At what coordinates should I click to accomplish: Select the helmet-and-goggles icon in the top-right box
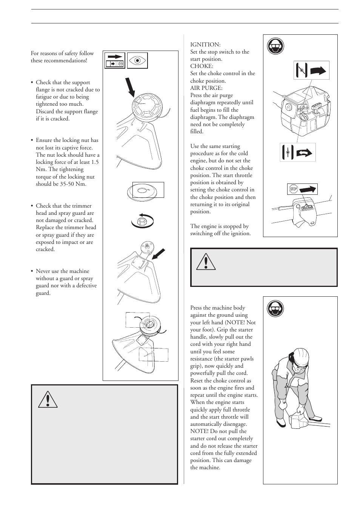click(x=275, y=47)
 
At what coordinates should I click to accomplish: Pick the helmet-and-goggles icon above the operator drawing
click(x=275, y=309)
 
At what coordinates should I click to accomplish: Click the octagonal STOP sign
click(x=293, y=189)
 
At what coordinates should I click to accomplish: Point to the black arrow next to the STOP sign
click(x=308, y=189)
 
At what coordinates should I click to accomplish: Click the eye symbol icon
click(x=137, y=60)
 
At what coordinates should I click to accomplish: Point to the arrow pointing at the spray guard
click(x=158, y=254)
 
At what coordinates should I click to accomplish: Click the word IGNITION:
click(x=205, y=45)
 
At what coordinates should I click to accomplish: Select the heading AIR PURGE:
click(x=206, y=88)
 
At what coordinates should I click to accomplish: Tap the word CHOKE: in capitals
click(x=202, y=66)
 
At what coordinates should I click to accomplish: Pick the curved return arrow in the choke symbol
click(x=304, y=153)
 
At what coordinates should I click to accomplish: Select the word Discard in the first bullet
click(x=45, y=111)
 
